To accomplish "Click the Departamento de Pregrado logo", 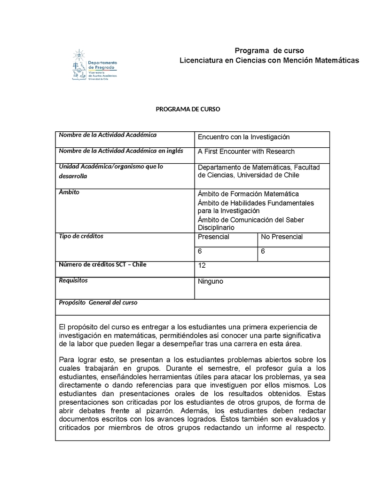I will pyautogui.click(x=94, y=65).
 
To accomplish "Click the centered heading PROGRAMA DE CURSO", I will pyautogui.click(x=188, y=109).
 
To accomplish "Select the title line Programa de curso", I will pyautogui.click(x=269, y=51).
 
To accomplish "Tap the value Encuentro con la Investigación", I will pyautogui.click(x=243, y=137).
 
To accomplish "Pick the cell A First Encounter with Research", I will pyautogui.click(x=246, y=152).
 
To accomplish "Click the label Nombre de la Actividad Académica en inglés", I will pyautogui.click(x=121, y=151).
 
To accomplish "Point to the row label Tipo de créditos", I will pyautogui.click(x=81, y=236).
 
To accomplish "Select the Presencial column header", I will pyautogui.click(x=213, y=237).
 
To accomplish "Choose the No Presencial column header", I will pyautogui.click(x=282, y=237).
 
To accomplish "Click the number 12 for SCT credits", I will pyautogui.click(x=202, y=266).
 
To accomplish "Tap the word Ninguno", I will pyautogui.click(x=211, y=281).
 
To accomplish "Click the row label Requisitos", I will pyautogui.click(x=73, y=280).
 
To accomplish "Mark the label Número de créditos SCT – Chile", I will pyautogui.click(x=102, y=264).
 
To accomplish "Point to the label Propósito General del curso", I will pyautogui.click(x=98, y=303).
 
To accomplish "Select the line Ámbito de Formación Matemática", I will pyautogui.click(x=248, y=194).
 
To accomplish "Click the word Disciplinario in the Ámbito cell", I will pyautogui.click(x=216, y=228).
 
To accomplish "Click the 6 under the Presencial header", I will pyautogui.click(x=200, y=252).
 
